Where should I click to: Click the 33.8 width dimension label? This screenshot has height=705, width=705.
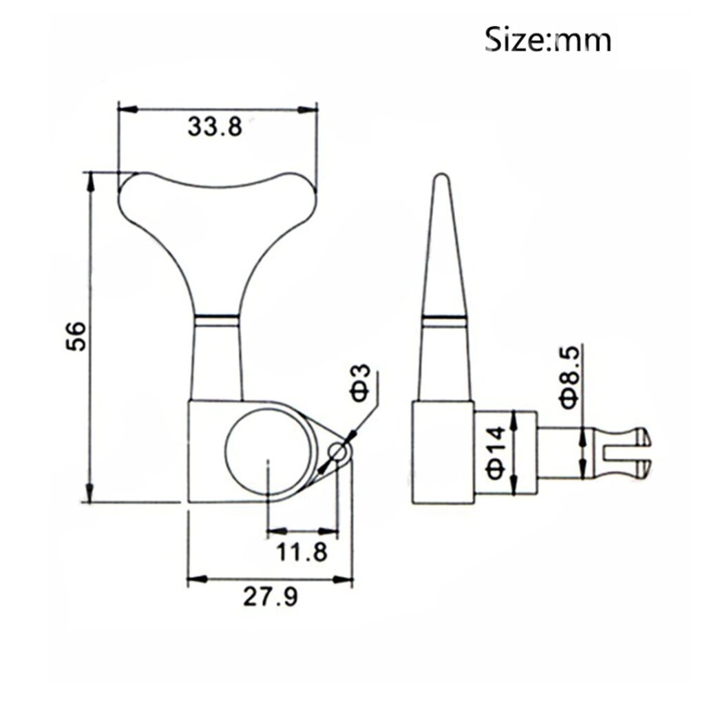(x=215, y=127)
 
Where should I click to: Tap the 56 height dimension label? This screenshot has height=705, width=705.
(x=76, y=336)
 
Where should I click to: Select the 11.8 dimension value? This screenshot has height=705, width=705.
(x=302, y=551)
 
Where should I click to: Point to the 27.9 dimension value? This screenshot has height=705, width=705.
(x=270, y=597)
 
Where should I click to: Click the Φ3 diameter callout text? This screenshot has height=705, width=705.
(x=359, y=383)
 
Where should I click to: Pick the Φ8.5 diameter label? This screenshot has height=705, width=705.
(x=569, y=377)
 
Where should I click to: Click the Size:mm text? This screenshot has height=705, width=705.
(x=548, y=39)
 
